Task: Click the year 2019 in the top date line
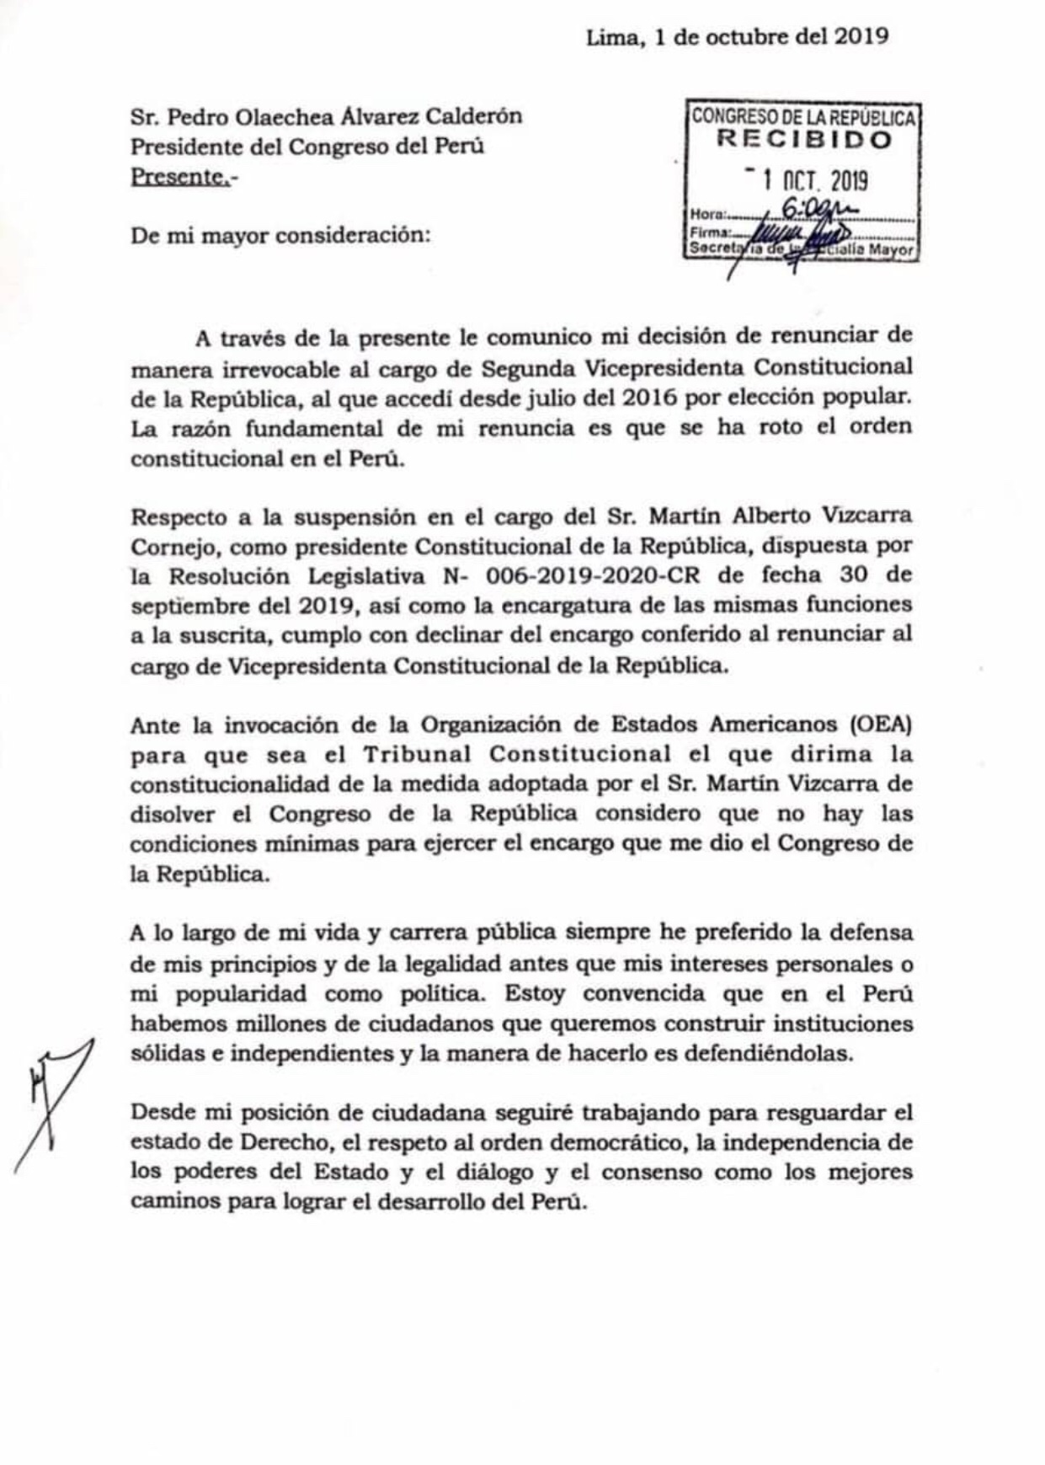(861, 36)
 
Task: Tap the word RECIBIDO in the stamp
(803, 140)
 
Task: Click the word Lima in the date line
(610, 37)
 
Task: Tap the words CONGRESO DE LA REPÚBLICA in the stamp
(803, 116)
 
